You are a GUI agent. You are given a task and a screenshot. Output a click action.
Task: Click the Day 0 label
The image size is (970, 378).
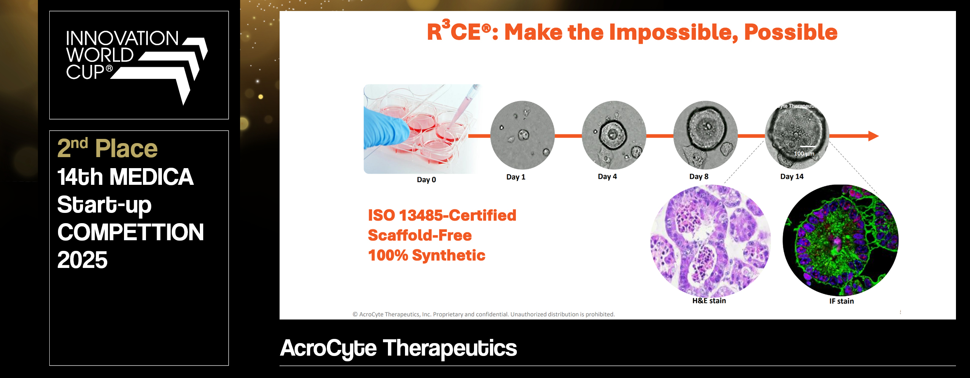pyautogui.click(x=426, y=180)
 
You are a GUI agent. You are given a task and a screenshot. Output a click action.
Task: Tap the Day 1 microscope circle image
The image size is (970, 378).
pyautogui.click(x=522, y=135)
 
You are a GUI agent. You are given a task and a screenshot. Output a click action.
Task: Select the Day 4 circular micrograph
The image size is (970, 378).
pyautogui.click(x=614, y=135)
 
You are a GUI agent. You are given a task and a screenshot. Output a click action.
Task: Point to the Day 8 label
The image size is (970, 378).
pyautogui.click(x=698, y=176)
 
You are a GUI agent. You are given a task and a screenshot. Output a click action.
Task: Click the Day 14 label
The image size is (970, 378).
pyautogui.click(x=792, y=176)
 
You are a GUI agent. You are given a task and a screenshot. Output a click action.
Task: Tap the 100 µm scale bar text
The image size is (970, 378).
pyautogui.click(x=804, y=154)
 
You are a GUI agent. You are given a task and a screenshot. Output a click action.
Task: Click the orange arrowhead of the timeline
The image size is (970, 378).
pyautogui.click(x=873, y=136)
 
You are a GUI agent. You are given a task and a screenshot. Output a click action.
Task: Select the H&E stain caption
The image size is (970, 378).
pyautogui.click(x=709, y=301)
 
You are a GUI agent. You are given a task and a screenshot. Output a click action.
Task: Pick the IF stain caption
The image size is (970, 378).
pyautogui.click(x=841, y=301)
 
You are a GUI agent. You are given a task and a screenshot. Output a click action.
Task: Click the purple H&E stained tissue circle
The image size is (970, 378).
pyautogui.click(x=710, y=241)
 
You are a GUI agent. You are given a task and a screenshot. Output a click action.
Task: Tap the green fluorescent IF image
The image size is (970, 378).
pyautogui.click(x=840, y=240)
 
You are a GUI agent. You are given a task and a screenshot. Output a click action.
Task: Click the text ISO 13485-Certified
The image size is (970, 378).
pyautogui.click(x=442, y=216)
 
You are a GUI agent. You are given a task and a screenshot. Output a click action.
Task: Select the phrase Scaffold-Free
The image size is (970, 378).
pyautogui.click(x=420, y=235)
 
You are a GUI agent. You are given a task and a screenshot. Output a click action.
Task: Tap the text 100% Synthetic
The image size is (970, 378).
pyautogui.click(x=427, y=255)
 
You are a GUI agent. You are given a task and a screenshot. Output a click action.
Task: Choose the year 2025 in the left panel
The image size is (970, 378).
pyautogui.click(x=82, y=260)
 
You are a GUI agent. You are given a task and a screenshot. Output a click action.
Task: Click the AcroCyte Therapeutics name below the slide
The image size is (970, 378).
pyautogui.click(x=399, y=348)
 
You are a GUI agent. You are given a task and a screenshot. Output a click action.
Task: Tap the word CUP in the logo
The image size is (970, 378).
pyautogui.click(x=85, y=72)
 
